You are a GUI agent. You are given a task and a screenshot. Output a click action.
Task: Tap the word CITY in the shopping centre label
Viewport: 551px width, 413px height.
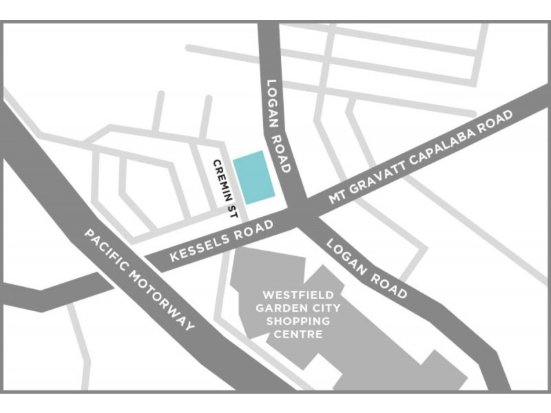coord(324,308)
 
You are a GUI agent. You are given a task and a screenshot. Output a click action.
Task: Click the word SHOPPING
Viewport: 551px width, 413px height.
coord(298,321)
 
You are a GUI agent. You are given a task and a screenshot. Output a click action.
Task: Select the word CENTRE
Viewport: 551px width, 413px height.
coord(298,335)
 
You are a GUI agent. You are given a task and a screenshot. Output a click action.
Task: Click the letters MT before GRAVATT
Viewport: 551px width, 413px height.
coord(336,197)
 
